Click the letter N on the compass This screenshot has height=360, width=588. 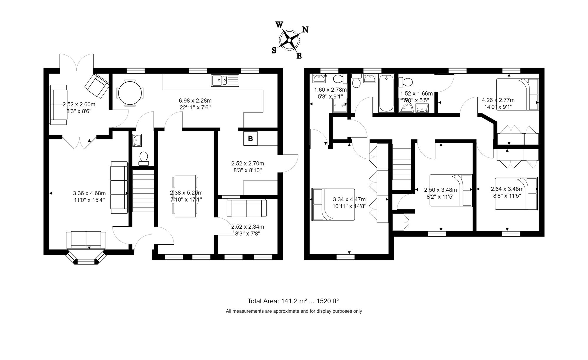[x=305, y=29]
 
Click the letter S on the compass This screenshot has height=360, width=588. [x=274, y=51]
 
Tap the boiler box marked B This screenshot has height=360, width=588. [x=250, y=139]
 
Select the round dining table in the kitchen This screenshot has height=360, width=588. [x=130, y=93]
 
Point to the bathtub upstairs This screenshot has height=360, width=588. [x=386, y=93]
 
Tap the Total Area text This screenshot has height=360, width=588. [x=293, y=301]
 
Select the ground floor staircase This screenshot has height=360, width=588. [x=143, y=191]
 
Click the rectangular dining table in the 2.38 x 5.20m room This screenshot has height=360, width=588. [x=185, y=196]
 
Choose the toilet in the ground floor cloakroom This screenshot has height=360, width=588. [x=143, y=158]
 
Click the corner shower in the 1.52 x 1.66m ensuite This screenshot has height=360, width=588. [x=406, y=106]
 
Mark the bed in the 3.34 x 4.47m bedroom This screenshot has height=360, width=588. [x=333, y=205]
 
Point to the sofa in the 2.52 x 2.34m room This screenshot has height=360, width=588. [x=246, y=208]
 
